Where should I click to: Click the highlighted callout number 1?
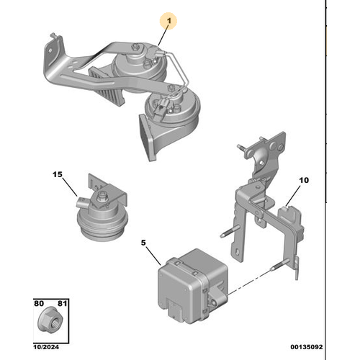169,21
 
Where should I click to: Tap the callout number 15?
58,174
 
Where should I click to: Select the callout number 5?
143,243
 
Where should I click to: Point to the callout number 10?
304,180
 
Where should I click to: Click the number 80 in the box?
39,303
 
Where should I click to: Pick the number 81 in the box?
62,303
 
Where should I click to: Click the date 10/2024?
46,347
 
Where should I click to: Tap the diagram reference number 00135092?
307,347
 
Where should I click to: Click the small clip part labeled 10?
291,220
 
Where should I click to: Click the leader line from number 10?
293,196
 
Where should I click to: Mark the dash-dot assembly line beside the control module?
250,282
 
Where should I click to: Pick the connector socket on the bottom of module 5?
176,310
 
